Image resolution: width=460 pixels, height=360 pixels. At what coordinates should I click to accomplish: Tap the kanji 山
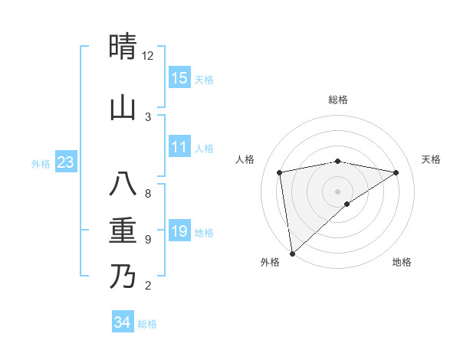pyautogui.click(x=123, y=108)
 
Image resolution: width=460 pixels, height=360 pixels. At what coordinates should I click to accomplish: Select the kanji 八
pyautogui.click(x=123, y=185)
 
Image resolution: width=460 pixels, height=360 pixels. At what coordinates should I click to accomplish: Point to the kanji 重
pyautogui.click(x=123, y=231)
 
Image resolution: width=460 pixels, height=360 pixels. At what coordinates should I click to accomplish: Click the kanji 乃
pyautogui.click(x=123, y=277)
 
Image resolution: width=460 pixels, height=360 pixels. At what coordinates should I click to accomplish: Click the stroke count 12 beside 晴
pyautogui.click(x=148, y=56)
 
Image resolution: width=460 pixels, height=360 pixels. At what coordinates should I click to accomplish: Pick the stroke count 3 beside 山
pyautogui.click(x=148, y=117)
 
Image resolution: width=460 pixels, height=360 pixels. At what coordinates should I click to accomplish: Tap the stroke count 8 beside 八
pyautogui.click(x=148, y=194)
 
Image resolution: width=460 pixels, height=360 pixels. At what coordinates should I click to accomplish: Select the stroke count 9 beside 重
pyautogui.click(x=148, y=240)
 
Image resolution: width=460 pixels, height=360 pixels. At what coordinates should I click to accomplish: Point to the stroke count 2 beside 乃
pyautogui.click(x=148, y=286)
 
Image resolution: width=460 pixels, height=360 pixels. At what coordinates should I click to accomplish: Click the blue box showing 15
pyautogui.click(x=179, y=77)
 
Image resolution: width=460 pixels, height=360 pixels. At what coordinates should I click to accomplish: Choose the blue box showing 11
pyautogui.click(x=179, y=147)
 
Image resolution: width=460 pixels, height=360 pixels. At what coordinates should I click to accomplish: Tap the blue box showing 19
pyautogui.click(x=179, y=231)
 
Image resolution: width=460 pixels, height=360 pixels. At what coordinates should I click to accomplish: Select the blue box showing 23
pyautogui.click(x=65, y=162)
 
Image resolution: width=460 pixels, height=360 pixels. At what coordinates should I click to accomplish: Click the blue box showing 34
pyautogui.click(x=123, y=322)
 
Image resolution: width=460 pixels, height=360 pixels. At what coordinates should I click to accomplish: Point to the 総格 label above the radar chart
pyautogui.click(x=338, y=100)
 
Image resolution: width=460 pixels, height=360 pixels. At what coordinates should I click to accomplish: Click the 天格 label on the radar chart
pyautogui.click(x=431, y=159)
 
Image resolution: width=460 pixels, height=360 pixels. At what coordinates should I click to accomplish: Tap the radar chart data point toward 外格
pyautogui.click(x=292, y=253)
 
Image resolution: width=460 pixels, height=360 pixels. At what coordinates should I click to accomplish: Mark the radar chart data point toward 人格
pyautogui.click(x=280, y=172)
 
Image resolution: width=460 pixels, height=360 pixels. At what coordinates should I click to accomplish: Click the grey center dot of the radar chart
pyautogui.click(x=338, y=191)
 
